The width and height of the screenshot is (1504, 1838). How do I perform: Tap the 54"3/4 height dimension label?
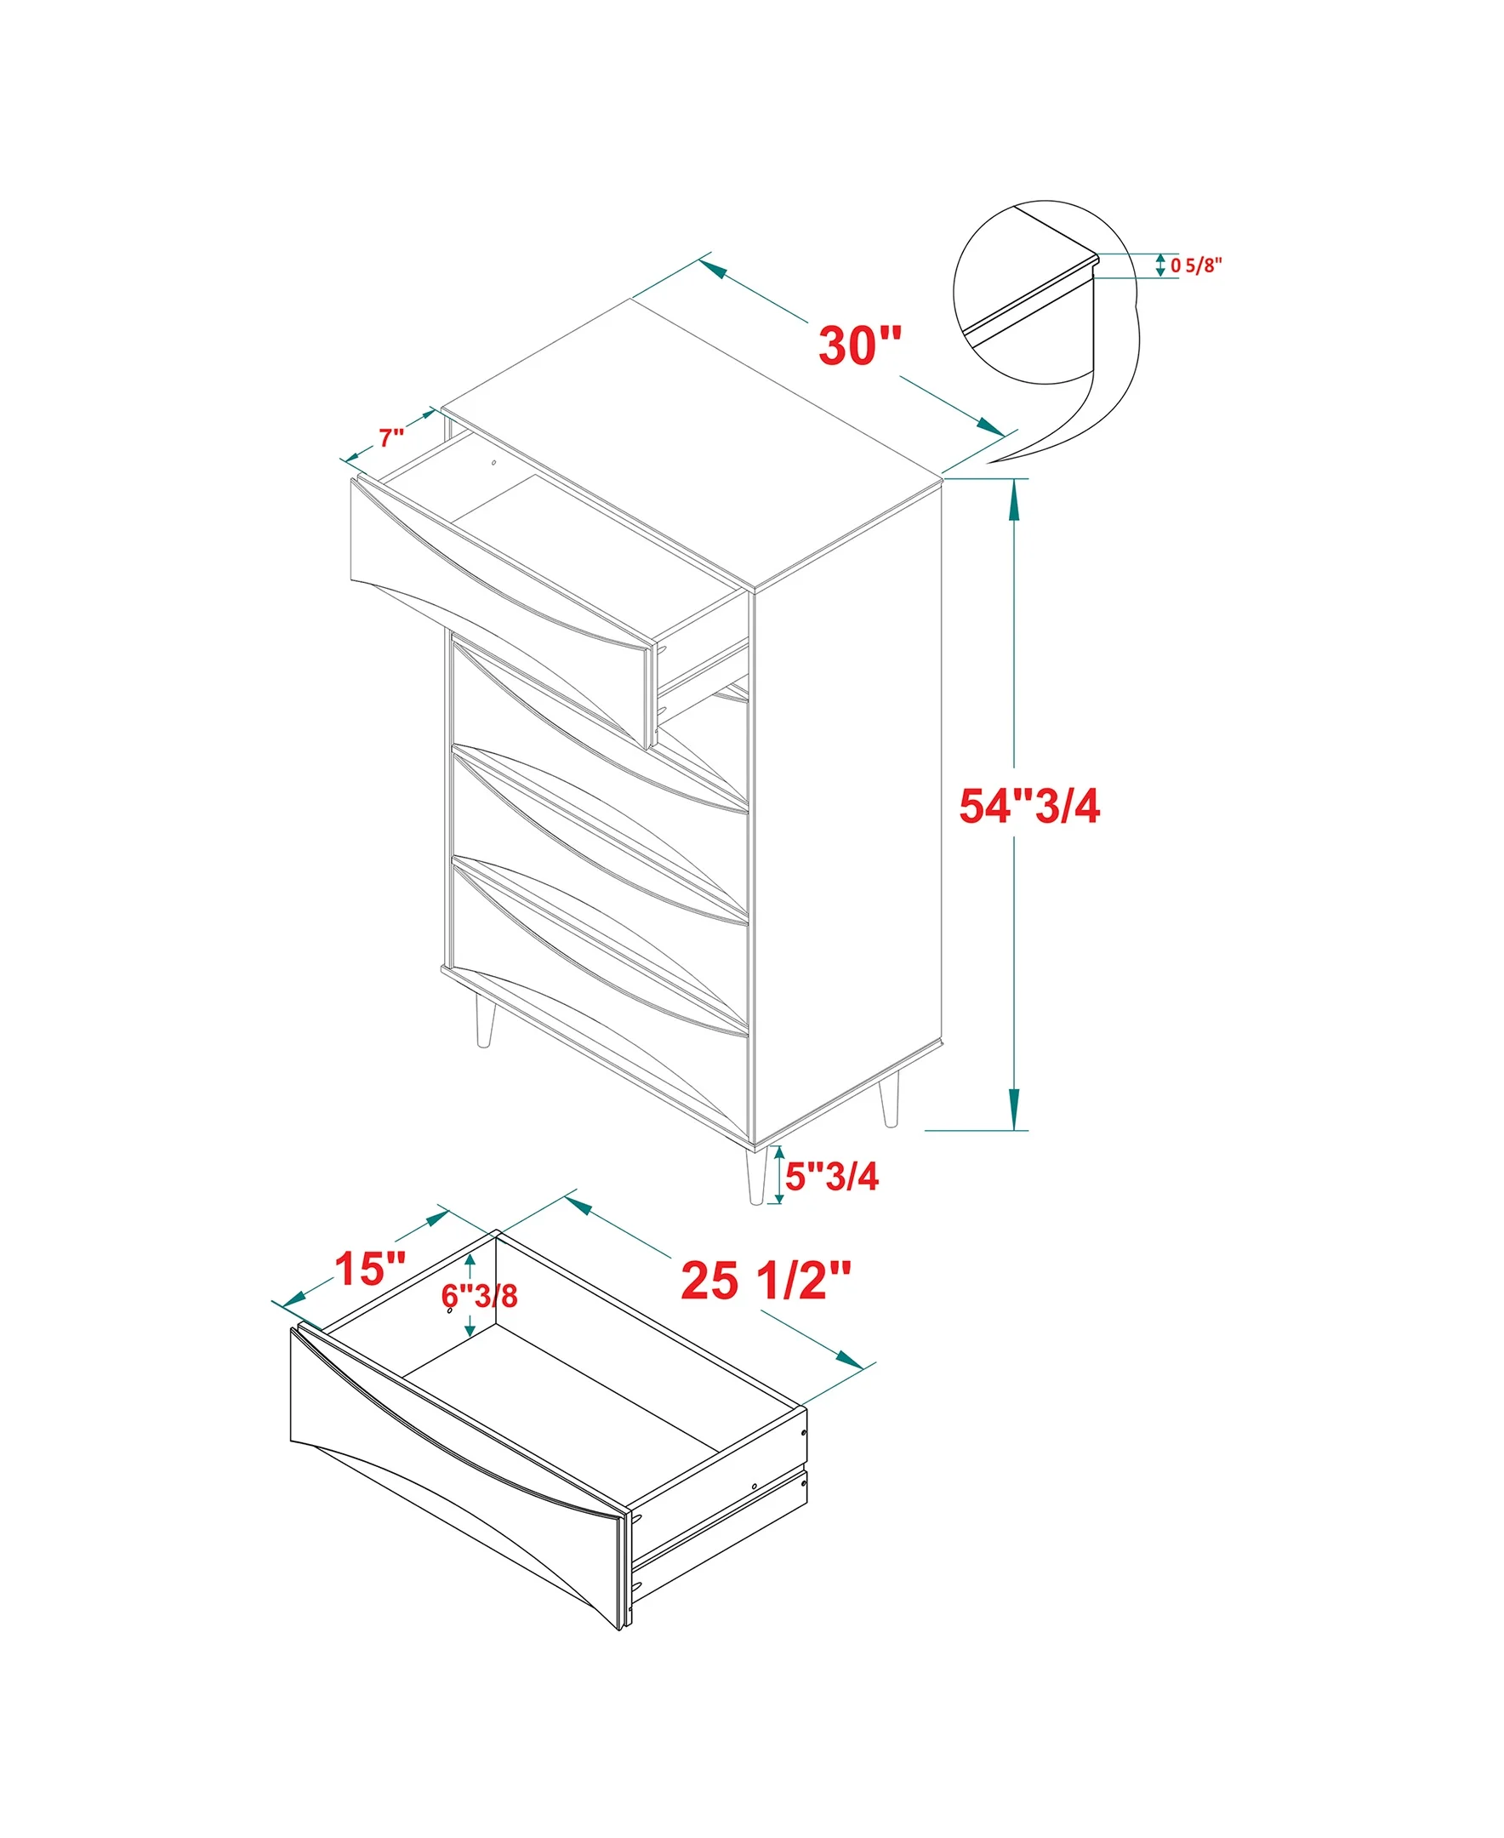pos(1029,805)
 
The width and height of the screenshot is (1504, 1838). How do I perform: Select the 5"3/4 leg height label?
pos(832,1176)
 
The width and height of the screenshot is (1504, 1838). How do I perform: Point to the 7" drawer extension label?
pos(391,437)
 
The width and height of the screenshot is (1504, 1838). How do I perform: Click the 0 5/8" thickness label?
pos(1195,265)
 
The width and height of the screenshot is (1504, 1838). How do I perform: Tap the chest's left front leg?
pos(484,1021)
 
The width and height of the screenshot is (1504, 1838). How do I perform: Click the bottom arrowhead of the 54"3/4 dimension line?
pos(1015,1110)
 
